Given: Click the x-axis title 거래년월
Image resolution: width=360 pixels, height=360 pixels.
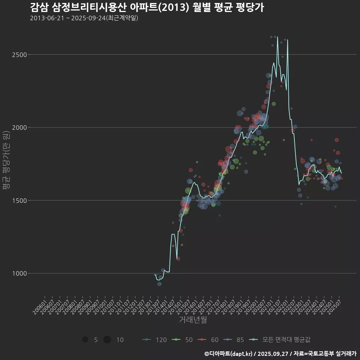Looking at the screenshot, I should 193,320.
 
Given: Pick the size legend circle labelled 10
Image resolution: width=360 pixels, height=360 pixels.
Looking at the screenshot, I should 107,340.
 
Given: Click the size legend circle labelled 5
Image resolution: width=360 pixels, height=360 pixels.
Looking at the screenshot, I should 85,340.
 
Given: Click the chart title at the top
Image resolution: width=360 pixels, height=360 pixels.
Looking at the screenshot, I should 147,7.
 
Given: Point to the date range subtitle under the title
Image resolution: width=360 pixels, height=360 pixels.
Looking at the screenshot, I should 84,18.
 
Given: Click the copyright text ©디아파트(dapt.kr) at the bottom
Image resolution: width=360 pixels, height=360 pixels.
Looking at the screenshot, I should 229,354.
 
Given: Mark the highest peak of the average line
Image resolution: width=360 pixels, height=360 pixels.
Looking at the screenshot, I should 277,37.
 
